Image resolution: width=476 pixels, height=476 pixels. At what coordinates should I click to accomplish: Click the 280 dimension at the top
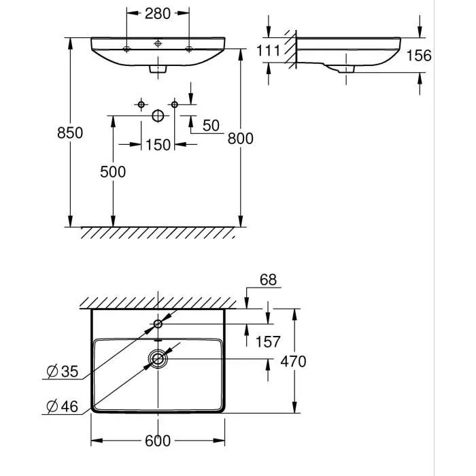click(158, 14)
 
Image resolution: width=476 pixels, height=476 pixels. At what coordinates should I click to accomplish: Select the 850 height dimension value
click(70, 133)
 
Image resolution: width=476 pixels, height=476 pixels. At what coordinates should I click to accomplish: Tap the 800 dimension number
click(241, 139)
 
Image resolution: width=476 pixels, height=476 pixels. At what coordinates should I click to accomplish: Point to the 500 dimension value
click(113, 172)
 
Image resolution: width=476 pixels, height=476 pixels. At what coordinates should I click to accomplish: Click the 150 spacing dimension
click(158, 145)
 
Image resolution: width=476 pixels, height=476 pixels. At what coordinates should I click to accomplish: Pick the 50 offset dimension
click(211, 125)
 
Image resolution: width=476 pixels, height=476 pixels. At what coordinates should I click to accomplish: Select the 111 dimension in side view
click(269, 51)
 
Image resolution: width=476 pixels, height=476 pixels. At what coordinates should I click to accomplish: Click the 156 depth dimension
click(419, 56)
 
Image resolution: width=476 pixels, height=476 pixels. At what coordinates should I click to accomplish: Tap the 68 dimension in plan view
click(269, 279)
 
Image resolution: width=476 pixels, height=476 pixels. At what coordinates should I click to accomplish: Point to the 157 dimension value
click(268, 342)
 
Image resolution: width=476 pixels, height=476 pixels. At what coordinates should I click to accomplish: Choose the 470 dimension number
click(293, 361)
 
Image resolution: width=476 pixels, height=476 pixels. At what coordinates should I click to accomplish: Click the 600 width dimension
click(158, 441)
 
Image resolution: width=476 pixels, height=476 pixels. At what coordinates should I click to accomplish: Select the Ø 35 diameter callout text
click(63, 371)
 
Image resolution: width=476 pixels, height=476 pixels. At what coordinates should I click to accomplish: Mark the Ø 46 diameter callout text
click(63, 407)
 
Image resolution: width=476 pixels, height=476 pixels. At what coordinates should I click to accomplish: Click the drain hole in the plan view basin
click(158, 359)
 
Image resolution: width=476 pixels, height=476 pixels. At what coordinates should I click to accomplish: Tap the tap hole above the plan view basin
click(158, 324)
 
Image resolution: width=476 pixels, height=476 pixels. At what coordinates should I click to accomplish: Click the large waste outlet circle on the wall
click(158, 116)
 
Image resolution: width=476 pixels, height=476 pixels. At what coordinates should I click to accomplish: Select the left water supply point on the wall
click(141, 105)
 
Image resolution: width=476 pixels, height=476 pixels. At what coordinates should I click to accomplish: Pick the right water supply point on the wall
click(175, 105)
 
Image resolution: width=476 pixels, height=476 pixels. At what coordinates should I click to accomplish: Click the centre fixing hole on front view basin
click(158, 44)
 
